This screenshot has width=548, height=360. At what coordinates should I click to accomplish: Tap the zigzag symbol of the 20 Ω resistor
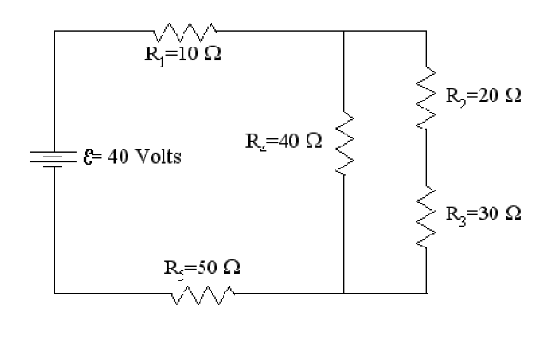(x=426, y=97)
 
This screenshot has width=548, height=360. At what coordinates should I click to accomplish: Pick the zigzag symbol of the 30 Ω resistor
(x=426, y=219)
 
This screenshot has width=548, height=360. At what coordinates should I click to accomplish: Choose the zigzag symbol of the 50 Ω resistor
(x=202, y=293)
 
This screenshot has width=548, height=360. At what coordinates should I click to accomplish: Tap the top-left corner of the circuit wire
(x=55, y=30)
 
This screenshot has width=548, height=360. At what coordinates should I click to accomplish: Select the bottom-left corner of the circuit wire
(x=55, y=293)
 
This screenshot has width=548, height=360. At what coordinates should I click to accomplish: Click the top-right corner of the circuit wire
(x=426, y=30)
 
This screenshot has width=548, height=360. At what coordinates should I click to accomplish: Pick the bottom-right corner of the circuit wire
(x=426, y=293)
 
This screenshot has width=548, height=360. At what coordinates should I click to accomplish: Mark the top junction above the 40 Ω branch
(x=343, y=30)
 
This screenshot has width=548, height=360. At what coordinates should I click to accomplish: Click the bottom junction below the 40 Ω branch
(x=343, y=293)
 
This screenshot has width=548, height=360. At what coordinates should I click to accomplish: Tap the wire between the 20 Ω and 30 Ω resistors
(x=426, y=158)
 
